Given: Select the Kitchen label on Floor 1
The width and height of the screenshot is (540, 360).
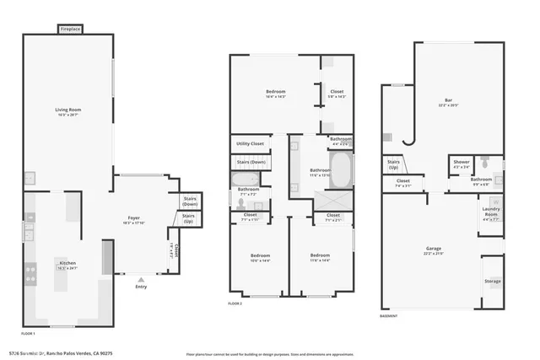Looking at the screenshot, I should click(67, 265).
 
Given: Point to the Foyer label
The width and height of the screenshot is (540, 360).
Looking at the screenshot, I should click(138, 221).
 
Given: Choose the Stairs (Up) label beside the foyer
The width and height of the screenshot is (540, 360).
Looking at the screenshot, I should click(189, 218).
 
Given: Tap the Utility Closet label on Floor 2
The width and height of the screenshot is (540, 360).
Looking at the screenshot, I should click(249, 144).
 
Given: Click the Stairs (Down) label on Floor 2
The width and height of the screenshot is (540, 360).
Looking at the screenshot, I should click(251, 161).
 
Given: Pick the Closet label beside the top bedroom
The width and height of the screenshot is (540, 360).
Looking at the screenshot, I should click(336, 92).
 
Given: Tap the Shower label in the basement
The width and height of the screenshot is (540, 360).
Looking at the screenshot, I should click(461, 163).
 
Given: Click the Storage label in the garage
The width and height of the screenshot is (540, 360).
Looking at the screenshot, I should click(492, 281).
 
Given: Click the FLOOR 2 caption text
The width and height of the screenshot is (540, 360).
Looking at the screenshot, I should click(236, 303).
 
